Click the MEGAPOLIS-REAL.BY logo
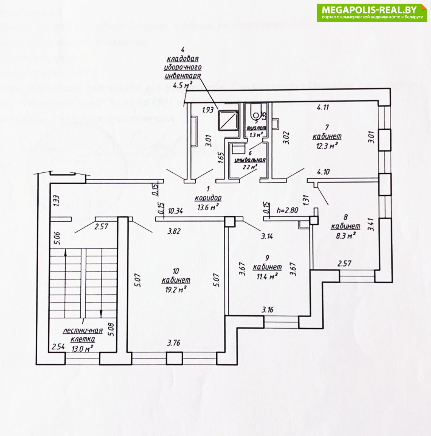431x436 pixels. point(372,12)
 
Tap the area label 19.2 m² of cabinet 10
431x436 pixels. point(176,290)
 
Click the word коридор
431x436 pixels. point(208,198)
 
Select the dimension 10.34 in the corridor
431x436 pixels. point(176,211)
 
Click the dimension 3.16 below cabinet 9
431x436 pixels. point(268,310)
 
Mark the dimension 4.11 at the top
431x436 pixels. point(323,107)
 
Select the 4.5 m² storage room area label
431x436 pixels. point(183,86)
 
